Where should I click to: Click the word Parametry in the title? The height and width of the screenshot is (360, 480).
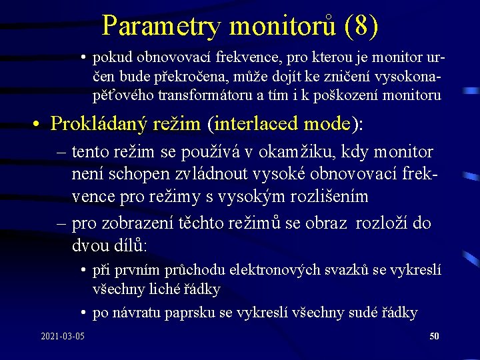tap(161, 27)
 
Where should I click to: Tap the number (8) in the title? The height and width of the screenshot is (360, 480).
tap(362, 27)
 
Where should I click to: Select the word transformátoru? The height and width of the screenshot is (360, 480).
tap(207, 95)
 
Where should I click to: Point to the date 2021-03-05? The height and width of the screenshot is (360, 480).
tap(62, 337)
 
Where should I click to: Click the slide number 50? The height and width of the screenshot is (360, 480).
tap(434, 337)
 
